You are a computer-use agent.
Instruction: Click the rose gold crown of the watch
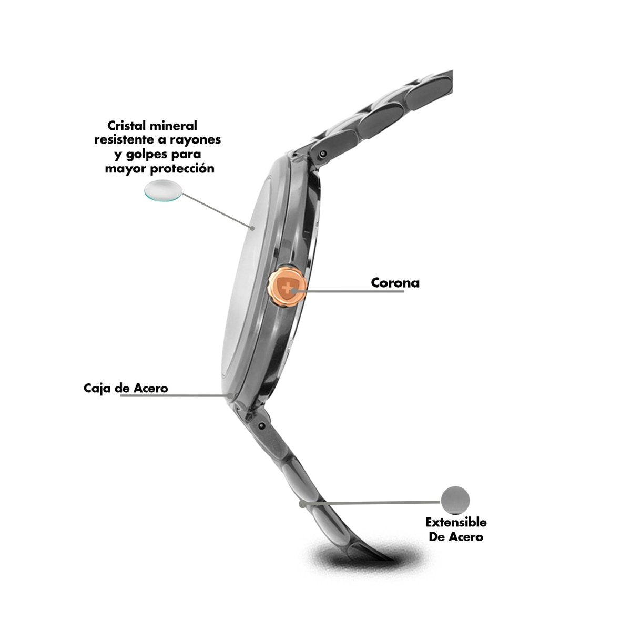288,287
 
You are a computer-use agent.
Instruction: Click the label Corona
395,283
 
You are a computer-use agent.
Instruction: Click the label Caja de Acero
126,389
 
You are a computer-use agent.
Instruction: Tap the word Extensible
456,522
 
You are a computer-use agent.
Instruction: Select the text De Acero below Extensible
456,537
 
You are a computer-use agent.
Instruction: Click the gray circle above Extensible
455,500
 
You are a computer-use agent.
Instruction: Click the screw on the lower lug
262,425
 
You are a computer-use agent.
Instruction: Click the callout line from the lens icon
217,210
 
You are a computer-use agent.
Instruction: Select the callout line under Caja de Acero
177,395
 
